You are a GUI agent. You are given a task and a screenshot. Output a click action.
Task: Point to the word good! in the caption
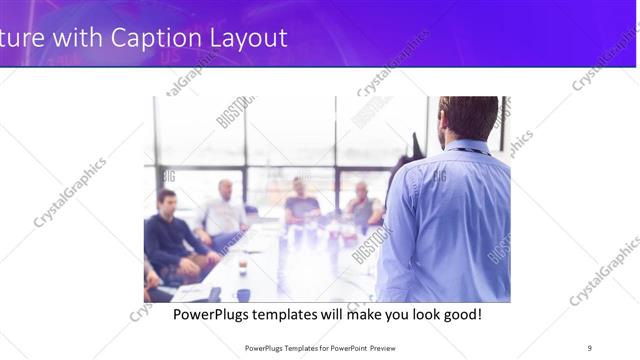[460, 314]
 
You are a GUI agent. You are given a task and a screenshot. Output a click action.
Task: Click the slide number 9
[590, 347]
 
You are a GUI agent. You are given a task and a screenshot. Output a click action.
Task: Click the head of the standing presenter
[468, 117]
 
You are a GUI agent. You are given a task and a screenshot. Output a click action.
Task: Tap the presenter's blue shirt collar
[468, 148]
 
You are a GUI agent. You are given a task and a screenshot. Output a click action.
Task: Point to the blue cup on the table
[243, 294]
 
